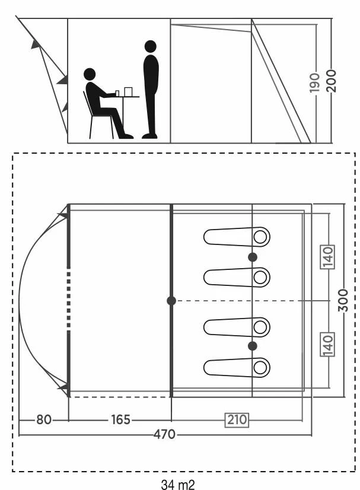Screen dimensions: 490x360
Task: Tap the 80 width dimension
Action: pos(44,420)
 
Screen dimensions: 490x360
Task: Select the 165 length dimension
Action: pos(120,420)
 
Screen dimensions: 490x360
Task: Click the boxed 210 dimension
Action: pos(236,420)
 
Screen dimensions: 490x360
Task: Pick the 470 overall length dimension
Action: pos(164,434)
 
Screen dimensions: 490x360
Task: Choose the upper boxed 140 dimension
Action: pos(329,257)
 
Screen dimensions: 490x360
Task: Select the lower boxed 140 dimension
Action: pos(329,344)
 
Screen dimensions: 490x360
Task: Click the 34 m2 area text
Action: pos(178,484)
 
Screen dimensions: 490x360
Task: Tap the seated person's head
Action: pos(90,75)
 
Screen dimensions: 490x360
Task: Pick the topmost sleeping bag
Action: pos(237,237)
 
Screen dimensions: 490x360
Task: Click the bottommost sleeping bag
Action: pos(237,368)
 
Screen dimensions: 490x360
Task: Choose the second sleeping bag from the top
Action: pos(237,277)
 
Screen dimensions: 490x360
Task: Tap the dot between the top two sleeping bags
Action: pos(253,257)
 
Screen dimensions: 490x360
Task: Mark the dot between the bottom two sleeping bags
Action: pos(253,346)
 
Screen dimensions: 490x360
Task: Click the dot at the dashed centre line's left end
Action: pos(171,301)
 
